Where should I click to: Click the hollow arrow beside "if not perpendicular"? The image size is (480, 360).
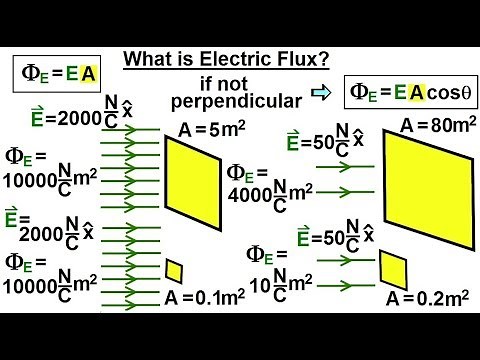pyautogui.click(x=319, y=94)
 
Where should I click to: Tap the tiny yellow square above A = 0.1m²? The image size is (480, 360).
pyautogui.click(x=174, y=270)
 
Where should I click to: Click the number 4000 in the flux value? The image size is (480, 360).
pyautogui.click(x=246, y=194)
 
